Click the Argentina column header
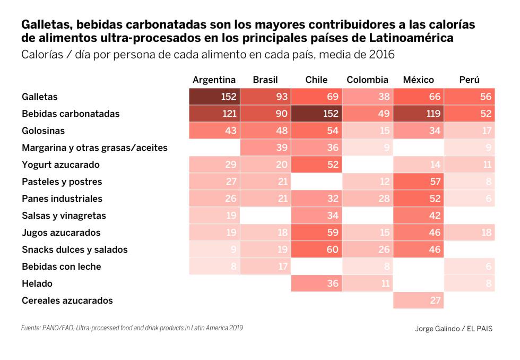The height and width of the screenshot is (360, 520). click(x=214, y=80)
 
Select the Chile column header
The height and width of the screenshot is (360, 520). click(x=316, y=80)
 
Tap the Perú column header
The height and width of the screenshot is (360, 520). click(x=469, y=80)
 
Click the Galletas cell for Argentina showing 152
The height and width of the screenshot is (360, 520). click(x=214, y=97)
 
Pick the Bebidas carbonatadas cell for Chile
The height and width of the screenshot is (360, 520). click(x=316, y=114)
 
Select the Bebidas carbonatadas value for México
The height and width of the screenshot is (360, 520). click(x=418, y=114)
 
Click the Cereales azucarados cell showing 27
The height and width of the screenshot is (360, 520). click(x=418, y=301)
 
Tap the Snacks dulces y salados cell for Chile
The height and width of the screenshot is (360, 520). click(x=316, y=250)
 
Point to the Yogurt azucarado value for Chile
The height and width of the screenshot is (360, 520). click(x=316, y=165)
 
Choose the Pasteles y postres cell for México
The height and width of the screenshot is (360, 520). click(x=418, y=182)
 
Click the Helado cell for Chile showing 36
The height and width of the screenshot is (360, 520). click(x=316, y=284)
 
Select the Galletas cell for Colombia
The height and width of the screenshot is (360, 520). click(x=367, y=97)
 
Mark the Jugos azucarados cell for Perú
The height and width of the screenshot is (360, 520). click(x=469, y=233)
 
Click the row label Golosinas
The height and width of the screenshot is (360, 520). click(x=44, y=131)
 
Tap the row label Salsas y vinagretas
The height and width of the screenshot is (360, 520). click(x=64, y=216)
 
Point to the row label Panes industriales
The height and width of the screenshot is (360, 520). click(x=62, y=199)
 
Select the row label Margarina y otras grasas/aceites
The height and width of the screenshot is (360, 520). click(x=94, y=148)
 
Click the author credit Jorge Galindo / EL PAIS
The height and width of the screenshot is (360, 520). click(x=454, y=329)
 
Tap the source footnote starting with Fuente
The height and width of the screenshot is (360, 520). click(x=132, y=328)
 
